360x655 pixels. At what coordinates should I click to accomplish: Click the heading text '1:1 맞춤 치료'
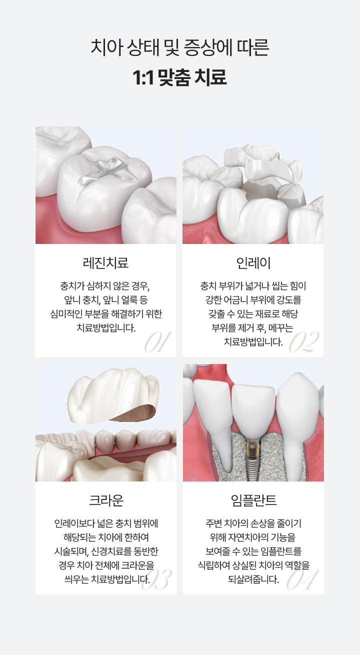(180, 77)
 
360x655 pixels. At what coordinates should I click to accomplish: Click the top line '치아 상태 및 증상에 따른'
(180, 48)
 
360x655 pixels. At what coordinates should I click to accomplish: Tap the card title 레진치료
(105, 262)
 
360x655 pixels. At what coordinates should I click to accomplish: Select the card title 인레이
(253, 262)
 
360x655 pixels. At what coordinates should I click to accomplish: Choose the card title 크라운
(105, 499)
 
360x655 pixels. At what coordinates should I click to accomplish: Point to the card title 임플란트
(253, 499)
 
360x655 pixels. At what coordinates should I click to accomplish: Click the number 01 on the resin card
(157, 342)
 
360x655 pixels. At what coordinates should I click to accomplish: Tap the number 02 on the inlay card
(304, 342)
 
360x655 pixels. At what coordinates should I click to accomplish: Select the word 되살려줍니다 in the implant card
(253, 579)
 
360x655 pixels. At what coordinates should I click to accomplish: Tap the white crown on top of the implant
(253, 405)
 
